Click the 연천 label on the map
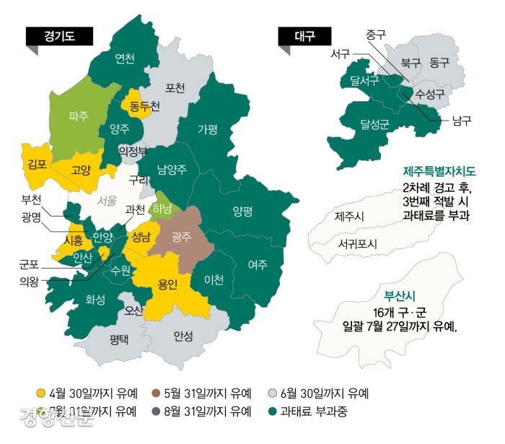coord(125,58)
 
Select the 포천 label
coord(175,87)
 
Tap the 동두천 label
coord(144,105)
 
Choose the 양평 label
coord(242,211)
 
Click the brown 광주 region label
coord(182,236)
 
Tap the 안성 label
coord(183,336)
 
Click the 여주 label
coord(258,264)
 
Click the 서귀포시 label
coord(357,243)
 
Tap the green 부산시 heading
coord(400,295)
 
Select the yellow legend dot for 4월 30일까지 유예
coord(41,393)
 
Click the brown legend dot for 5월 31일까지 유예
coord(156,393)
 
